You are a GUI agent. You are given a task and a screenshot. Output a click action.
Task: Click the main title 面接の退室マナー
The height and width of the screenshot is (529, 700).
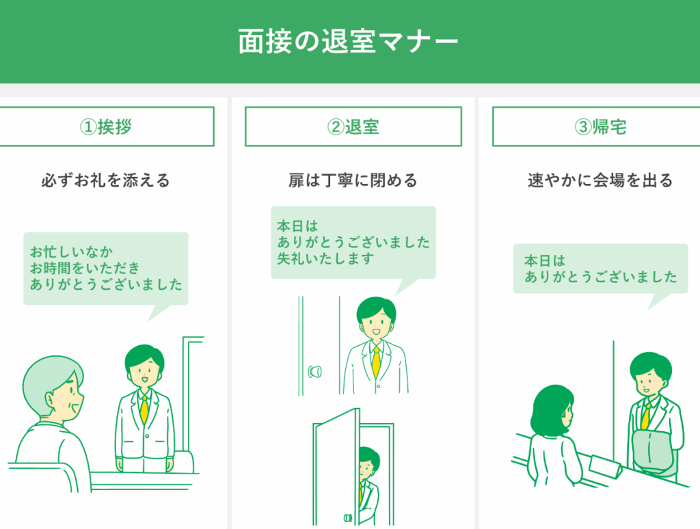349,41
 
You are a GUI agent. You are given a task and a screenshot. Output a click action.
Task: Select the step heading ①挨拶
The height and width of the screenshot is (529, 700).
105,127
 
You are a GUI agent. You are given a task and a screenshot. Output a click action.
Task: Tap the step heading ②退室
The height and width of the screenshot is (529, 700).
353,127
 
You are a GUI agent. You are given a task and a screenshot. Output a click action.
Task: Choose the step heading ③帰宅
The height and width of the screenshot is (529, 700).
600,127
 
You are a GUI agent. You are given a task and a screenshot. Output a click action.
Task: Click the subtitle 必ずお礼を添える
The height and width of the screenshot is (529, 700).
105,180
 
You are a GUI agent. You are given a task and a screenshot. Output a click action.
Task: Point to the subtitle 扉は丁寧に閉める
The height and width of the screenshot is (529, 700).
353,180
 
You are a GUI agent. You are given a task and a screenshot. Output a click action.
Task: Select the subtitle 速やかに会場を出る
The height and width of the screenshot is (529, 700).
600,180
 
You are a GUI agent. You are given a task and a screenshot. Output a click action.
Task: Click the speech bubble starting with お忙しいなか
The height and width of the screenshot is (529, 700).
106,269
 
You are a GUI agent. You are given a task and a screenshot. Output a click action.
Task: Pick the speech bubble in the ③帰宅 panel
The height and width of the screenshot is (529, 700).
600,269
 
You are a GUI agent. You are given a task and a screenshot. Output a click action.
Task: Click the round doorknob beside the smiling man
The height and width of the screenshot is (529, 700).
316,372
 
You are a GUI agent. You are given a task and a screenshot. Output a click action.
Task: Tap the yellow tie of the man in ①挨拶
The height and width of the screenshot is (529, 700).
144,409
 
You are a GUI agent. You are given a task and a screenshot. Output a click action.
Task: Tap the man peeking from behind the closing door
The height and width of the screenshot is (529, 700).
368,478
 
